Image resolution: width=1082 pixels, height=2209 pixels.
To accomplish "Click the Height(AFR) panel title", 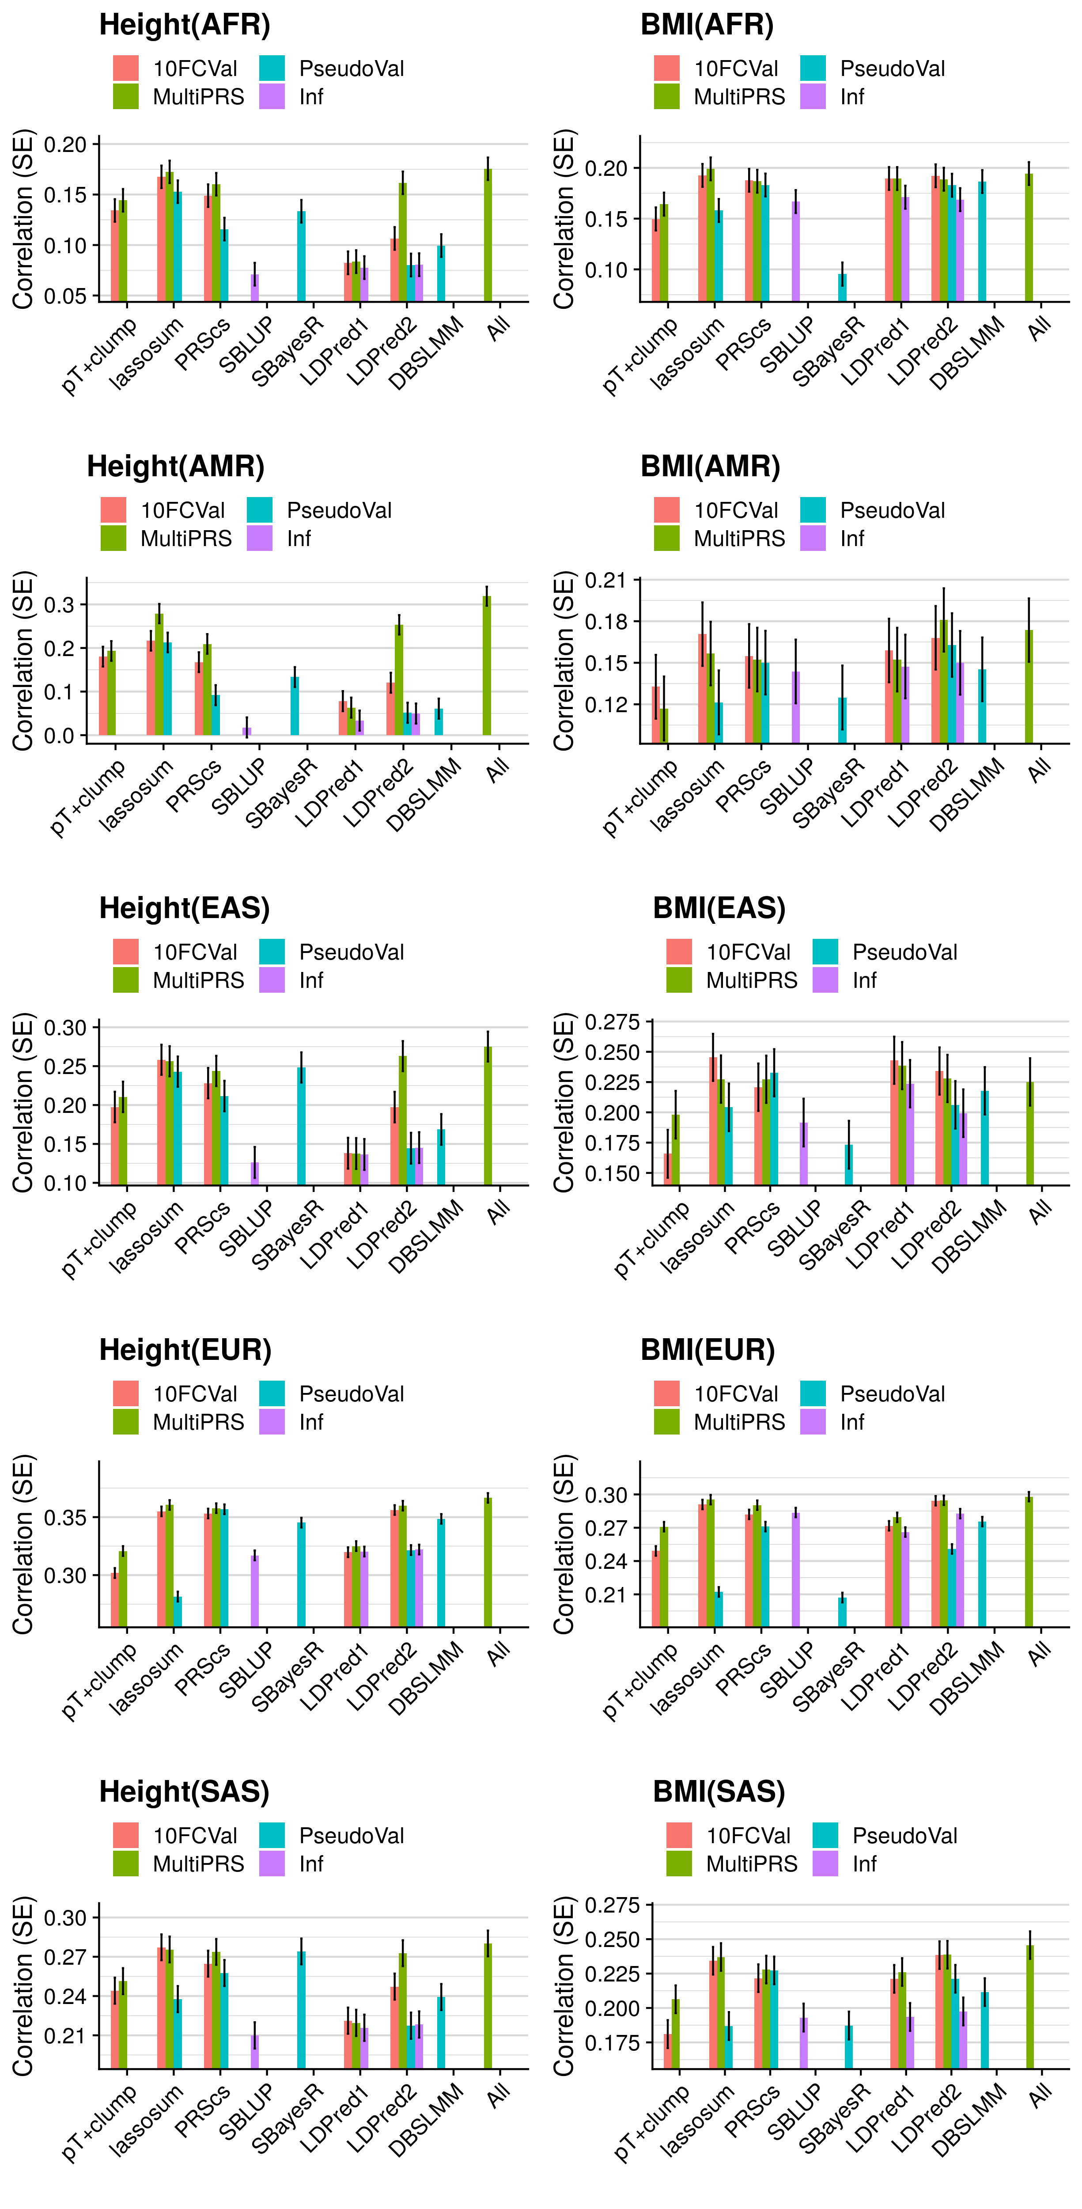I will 184,25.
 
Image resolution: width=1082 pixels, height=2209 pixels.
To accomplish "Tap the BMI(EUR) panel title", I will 707,1350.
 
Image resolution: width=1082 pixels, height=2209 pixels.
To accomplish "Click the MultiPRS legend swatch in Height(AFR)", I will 126,97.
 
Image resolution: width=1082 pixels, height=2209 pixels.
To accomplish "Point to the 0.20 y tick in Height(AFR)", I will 66,145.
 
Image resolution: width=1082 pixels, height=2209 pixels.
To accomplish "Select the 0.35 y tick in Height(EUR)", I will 66,1517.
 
